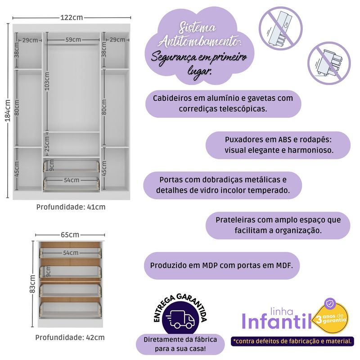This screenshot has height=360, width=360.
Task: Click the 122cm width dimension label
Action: [x=72, y=18]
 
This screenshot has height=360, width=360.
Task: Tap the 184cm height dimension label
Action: [x=8, y=110]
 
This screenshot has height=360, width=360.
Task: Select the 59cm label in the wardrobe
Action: [x=73, y=40]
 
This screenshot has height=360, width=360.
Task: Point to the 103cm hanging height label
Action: [x=47, y=81]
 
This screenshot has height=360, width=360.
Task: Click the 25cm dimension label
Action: [x=47, y=144]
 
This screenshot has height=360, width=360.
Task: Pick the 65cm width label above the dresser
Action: [x=70, y=234]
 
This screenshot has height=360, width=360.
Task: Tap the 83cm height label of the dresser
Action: [x=32, y=284]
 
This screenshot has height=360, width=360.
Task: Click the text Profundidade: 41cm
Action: [x=71, y=207]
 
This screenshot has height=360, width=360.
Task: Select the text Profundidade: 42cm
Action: [x=70, y=337]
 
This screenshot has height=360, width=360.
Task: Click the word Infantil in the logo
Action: [x=277, y=322]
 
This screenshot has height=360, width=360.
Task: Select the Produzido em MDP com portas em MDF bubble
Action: [x=222, y=265]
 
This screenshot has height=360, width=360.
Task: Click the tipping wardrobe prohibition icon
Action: [x=280, y=28]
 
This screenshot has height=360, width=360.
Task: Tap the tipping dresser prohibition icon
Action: [x=329, y=63]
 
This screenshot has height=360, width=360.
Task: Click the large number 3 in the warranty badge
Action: [x=319, y=319]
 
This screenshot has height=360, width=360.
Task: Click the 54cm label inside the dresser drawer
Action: [x=71, y=253]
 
